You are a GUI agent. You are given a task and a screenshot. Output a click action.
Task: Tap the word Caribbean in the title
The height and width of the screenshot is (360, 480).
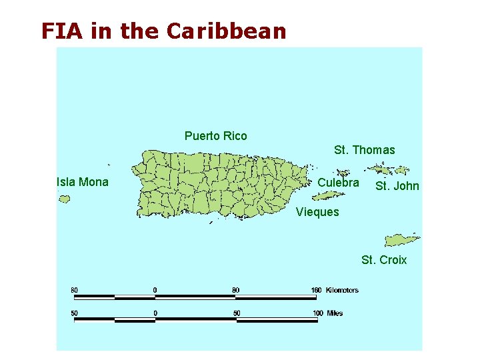point(226,31)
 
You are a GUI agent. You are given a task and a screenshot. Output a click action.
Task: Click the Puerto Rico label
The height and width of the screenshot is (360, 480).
point(215,136)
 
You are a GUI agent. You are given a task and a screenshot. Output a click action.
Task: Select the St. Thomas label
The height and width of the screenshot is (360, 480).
point(364,150)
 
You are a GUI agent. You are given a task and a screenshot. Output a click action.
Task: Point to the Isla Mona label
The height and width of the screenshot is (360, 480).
point(83,182)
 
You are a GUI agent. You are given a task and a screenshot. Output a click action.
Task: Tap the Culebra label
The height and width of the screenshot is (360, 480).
point(338,182)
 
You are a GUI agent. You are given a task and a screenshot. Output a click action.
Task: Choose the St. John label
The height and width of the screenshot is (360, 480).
point(397,186)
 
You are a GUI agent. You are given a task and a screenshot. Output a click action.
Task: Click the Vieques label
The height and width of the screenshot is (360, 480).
point(317,212)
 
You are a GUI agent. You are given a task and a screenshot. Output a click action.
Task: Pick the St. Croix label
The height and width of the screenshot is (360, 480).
point(384,259)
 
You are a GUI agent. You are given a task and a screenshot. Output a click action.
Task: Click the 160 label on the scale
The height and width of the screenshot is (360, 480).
point(316,290)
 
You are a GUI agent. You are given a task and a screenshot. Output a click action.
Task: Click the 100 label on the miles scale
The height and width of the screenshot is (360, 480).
point(317,313)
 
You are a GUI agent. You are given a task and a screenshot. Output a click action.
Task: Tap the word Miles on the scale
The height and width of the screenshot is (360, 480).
point(335,313)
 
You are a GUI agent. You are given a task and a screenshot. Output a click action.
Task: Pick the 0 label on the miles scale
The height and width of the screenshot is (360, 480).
point(155,313)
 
